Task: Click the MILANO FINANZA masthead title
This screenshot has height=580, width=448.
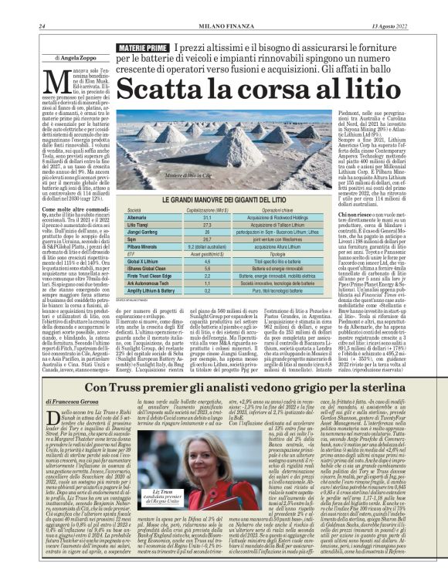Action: tap(224, 28)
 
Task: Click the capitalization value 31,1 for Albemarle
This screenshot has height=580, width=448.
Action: tap(207, 219)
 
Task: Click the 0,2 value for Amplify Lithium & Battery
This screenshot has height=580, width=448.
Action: tap(207, 291)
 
